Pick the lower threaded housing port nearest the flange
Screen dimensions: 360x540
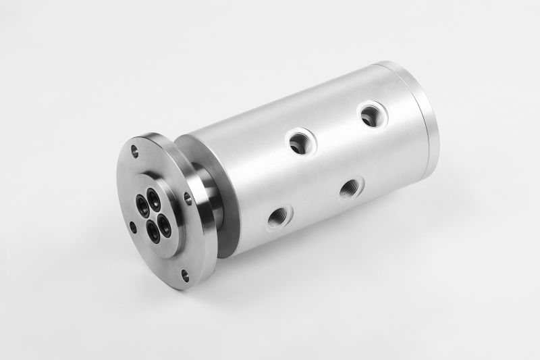pyautogui.click(x=279, y=217)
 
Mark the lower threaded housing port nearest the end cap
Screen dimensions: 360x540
pyautogui.click(x=350, y=186)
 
